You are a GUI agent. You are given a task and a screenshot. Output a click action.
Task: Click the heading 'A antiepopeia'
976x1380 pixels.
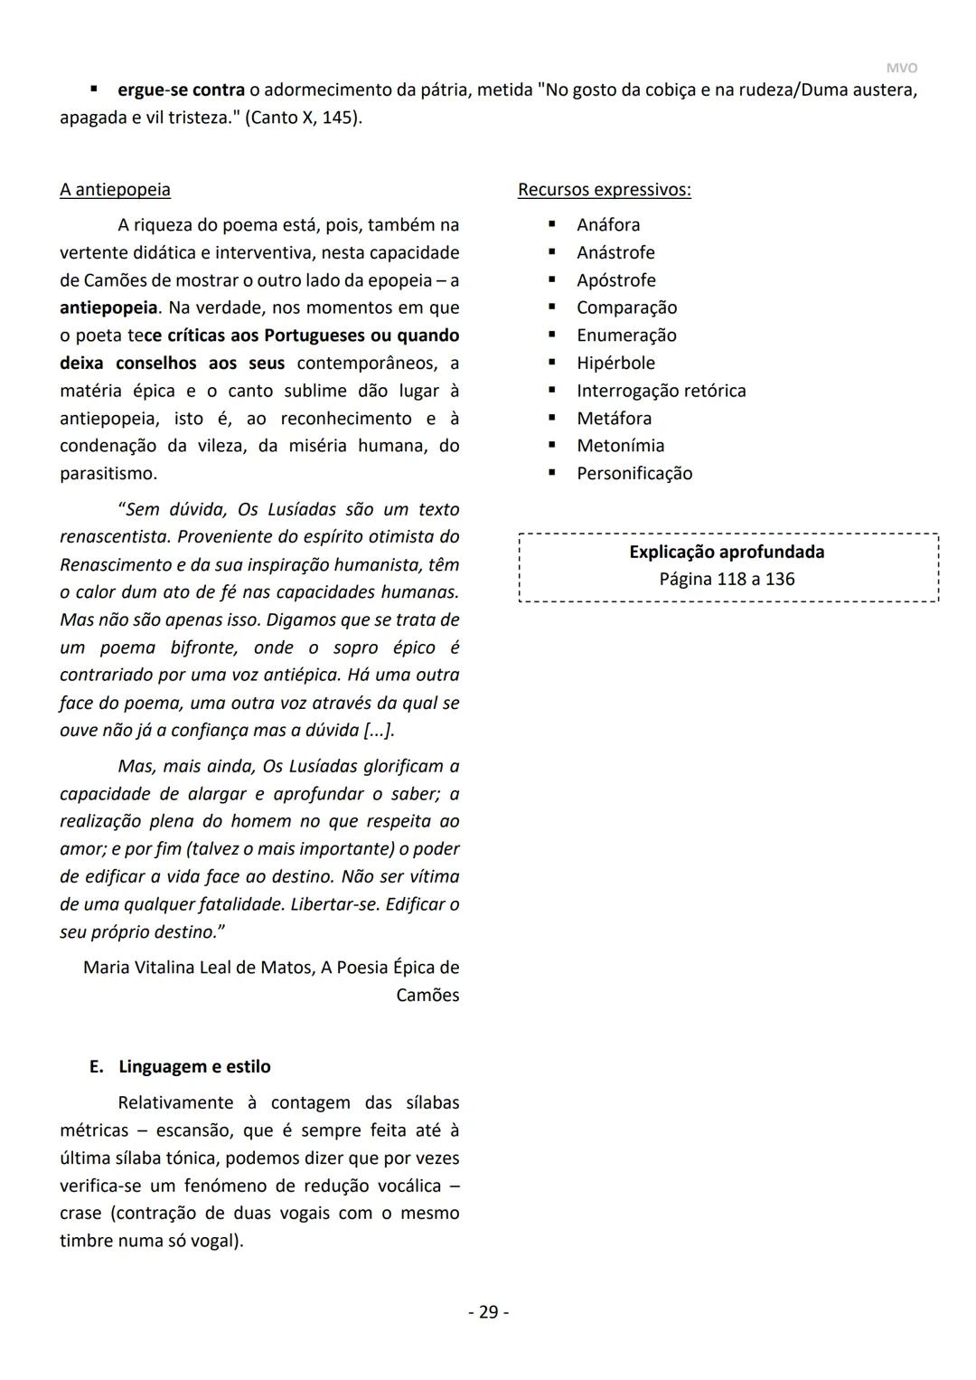(x=115, y=190)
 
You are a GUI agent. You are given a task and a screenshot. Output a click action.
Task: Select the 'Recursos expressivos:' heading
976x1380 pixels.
(x=604, y=190)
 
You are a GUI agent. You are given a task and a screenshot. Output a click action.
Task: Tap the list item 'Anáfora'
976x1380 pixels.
(x=608, y=225)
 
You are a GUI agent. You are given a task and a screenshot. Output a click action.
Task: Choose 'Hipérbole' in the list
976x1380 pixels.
(x=615, y=364)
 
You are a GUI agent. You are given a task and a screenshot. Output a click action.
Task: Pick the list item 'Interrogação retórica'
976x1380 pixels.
(x=661, y=391)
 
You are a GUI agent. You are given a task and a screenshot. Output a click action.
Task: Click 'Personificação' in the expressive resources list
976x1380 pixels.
(x=634, y=474)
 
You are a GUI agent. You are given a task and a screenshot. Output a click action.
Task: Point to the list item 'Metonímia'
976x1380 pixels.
(x=620, y=446)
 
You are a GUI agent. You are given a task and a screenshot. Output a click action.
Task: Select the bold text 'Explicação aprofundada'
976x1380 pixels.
(x=727, y=552)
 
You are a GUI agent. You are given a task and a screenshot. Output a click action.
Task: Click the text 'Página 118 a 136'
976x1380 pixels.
(x=727, y=579)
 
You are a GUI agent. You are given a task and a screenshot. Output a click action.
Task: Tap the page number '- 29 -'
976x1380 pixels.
(x=488, y=1312)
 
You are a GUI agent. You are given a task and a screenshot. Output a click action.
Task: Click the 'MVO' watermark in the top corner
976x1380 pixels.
(x=901, y=69)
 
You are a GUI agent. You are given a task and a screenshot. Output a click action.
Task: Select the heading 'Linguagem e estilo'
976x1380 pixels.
(x=194, y=1067)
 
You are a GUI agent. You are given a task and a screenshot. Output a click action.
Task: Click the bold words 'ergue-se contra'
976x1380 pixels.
(x=181, y=90)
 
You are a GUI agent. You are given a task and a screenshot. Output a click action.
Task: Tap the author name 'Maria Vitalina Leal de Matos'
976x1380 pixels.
(x=197, y=968)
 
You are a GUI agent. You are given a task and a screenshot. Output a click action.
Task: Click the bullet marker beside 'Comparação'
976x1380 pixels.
(x=551, y=308)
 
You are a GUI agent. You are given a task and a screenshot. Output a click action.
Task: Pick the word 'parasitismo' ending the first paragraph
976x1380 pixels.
(x=107, y=474)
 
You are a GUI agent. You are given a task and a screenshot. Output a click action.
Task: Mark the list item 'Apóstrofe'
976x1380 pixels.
(x=615, y=280)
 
